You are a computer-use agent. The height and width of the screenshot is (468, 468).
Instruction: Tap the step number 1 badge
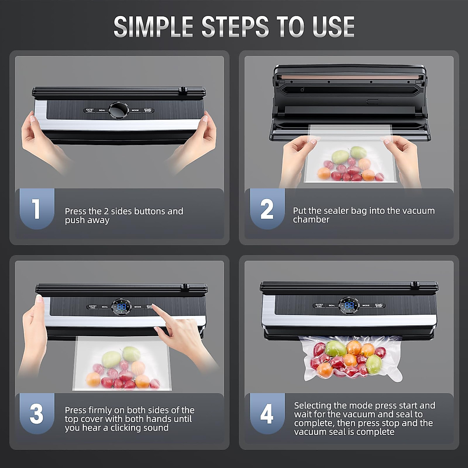click(36, 209)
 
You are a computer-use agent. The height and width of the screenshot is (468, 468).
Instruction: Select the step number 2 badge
click(267, 209)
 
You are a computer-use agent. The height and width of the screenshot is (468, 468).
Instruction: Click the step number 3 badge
click(36, 413)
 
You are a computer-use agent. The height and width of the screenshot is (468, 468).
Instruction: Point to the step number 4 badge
click(267, 413)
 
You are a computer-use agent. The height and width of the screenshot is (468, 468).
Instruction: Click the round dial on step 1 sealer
click(118, 110)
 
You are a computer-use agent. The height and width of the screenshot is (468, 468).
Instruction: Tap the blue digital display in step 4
click(349, 305)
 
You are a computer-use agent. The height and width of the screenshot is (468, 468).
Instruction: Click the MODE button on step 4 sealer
click(366, 305)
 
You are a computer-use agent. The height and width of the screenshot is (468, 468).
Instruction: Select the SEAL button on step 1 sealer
click(102, 110)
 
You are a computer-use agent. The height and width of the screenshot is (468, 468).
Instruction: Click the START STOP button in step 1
click(148, 110)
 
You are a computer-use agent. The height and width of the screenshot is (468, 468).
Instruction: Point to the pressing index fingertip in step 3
click(153, 306)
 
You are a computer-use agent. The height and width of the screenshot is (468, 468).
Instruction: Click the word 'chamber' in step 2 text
click(311, 220)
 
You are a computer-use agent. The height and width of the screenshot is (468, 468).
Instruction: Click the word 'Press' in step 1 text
click(75, 211)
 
